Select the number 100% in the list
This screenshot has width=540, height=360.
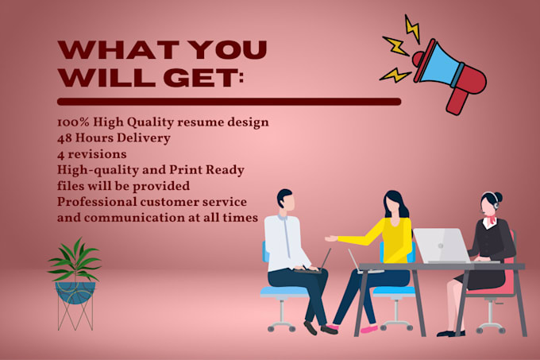tap(74, 123)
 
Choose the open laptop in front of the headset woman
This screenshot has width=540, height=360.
tap(442, 246)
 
